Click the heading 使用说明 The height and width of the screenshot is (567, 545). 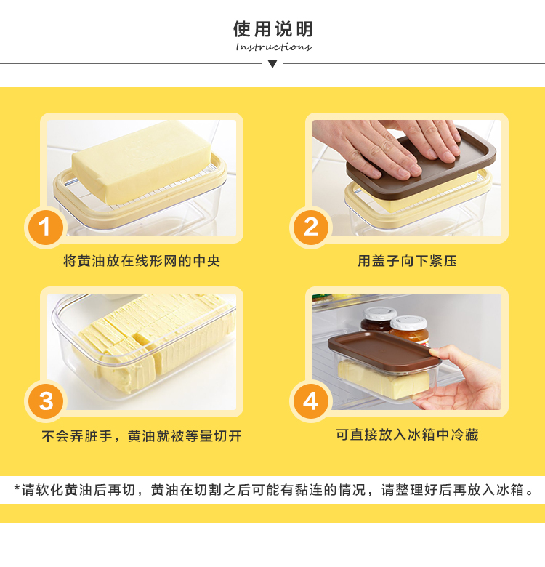(272, 29)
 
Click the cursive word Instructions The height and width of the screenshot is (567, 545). (273, 47)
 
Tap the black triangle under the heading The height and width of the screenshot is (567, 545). (272, 64)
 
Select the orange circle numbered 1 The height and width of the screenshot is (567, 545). (46, 228)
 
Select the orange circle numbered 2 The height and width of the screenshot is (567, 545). (311, 228)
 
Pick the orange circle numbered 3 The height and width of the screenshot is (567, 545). (46, 401)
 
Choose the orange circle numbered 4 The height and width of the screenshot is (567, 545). (311, 401)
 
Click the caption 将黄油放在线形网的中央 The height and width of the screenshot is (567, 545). (141, 261)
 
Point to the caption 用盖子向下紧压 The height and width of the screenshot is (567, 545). (407, 261)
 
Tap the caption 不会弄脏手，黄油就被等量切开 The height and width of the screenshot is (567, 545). (141, 435)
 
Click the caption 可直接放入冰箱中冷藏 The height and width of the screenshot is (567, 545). (407, 434)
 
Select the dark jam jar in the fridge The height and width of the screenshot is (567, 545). (377, 319)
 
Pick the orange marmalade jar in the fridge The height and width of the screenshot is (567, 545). (410, 331)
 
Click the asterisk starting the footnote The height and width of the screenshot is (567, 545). (17, 488)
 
